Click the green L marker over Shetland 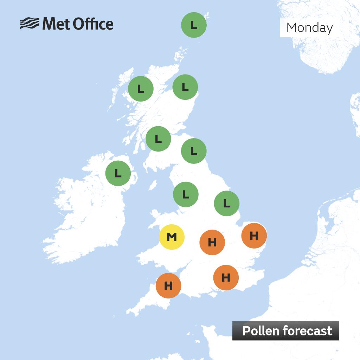tap(194, 25)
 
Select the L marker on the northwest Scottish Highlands tap(141, 89)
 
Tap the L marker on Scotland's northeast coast tap(185, 87)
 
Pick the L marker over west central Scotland tap(158, 139)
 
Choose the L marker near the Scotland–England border tap(194, 151)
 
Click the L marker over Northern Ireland tap(118, 173)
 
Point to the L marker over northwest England tap(186, 194)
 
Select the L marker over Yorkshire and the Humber tap(227, 204)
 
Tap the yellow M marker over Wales tap(172, 237)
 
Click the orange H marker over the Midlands tap(212, 242)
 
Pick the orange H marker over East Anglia tap(254, 236)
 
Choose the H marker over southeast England tap(226, 278)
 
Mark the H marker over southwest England tap(168, 285)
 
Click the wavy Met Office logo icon tap(29, 24)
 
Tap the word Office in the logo tap(93, 24)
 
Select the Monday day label tap(309, 27)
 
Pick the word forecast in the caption tap(309, 331)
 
